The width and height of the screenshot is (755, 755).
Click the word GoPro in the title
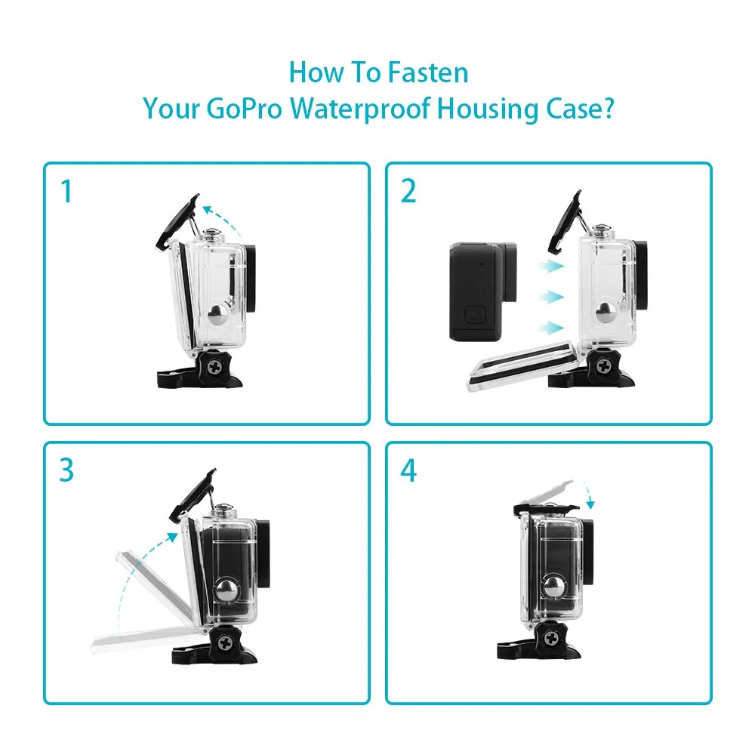tap(244, 108)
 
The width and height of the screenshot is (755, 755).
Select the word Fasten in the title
tap(427, 72)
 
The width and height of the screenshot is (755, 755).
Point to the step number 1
tap(67, 192)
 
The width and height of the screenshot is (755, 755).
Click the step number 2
tap(408, 192)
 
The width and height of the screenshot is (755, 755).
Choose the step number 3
tap(66, 470)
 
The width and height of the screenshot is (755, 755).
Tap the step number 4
tap(408, 470)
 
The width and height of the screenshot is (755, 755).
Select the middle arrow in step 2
tap(551, 297)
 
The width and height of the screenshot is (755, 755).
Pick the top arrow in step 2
tap(551, 265)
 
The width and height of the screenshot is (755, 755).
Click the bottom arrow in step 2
tap(551, 328)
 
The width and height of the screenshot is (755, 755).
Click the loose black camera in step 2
tap(482, 291)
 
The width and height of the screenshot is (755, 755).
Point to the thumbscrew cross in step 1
tap(214, 368)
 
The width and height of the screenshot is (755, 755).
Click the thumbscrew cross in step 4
tap(552, 639)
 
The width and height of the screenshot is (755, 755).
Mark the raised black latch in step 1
tap(177, 221)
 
